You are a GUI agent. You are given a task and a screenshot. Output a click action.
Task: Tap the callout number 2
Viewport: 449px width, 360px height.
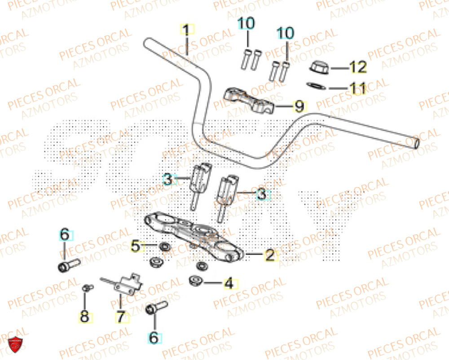click(x=269, y=255)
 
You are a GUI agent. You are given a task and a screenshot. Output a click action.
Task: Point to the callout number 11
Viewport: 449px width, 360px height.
click(x=357, y=89)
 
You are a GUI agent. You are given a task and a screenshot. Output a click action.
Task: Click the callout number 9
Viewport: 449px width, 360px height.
click(x=298, y=107)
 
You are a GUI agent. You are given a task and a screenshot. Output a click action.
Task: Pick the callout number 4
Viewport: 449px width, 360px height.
click(x=229, y=284)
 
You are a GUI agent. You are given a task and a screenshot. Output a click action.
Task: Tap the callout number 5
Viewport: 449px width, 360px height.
click(x=136, y=246)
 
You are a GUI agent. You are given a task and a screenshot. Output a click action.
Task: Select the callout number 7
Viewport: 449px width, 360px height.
click(x=120, y=317)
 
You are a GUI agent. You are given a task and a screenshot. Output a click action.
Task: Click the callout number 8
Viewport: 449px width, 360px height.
click(x=84, y=317)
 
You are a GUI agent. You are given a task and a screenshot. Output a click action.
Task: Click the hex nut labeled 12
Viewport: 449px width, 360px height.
click(x=319, y=68)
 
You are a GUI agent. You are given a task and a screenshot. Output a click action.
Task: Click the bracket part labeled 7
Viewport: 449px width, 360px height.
click(x=126, y=284)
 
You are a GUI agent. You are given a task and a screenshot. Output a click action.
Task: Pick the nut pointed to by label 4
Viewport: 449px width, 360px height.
click(x=195, y=281)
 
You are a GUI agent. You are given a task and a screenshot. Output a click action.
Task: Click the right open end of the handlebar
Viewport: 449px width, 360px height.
click(x=418, y=143)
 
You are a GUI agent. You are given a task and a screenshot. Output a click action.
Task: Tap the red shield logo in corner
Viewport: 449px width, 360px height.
click(x=16, y=344)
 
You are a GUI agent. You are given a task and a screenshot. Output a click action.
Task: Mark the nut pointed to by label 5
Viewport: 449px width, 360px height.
click(x=164, y=246)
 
